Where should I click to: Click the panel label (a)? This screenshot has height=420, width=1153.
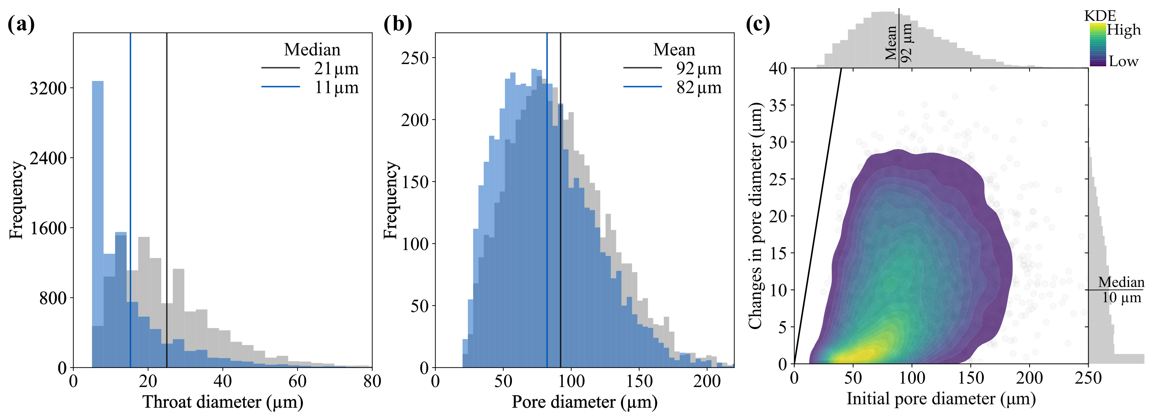click(x=21, y=24)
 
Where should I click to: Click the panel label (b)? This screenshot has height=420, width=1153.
click(x=397, y=24)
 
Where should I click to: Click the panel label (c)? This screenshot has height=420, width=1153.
click(x=757, y=24)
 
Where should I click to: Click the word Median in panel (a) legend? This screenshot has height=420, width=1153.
click(x=312, y=50)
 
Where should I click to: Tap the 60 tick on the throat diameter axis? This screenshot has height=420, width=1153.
click(x=297, y=381)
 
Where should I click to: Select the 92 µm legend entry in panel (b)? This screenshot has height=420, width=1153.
click(x=699, y=69)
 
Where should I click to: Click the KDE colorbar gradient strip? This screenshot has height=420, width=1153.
click(x=1098, y=45)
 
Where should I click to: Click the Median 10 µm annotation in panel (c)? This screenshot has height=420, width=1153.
click(x=1121, y=290)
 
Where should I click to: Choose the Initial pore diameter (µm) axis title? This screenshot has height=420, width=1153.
click(x=941, y=399)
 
